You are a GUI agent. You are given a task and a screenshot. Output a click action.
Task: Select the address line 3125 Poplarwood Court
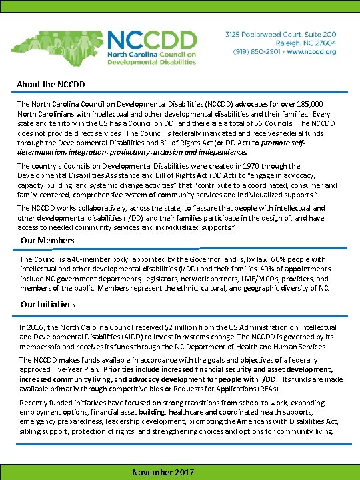point(281,33)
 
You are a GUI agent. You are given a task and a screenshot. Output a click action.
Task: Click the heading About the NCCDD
point(51,85)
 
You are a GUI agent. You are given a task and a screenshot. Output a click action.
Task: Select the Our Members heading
point(47,240)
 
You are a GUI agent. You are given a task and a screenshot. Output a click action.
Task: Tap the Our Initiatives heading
point(49,304)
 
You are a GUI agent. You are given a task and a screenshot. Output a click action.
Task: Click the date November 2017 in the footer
point(163,472)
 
